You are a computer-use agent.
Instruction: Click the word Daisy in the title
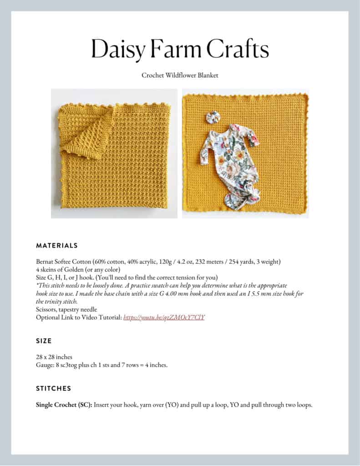(x=117, y=49)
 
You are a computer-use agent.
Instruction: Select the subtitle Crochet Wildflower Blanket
(x=180, y=75)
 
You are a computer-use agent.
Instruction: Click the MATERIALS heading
(x=57, y=246)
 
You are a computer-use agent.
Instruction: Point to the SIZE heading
(x=44, y=341)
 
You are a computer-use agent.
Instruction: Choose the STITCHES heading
(x=53, y=389)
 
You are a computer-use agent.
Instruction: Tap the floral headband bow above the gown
(x=213, y=117)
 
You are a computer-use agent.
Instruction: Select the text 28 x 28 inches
(x=54, y=357)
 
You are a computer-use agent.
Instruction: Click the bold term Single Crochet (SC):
(x=64, y=405)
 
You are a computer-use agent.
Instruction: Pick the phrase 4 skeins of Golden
(x=59, y=270)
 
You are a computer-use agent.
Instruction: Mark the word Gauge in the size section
(x=45, y=365)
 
